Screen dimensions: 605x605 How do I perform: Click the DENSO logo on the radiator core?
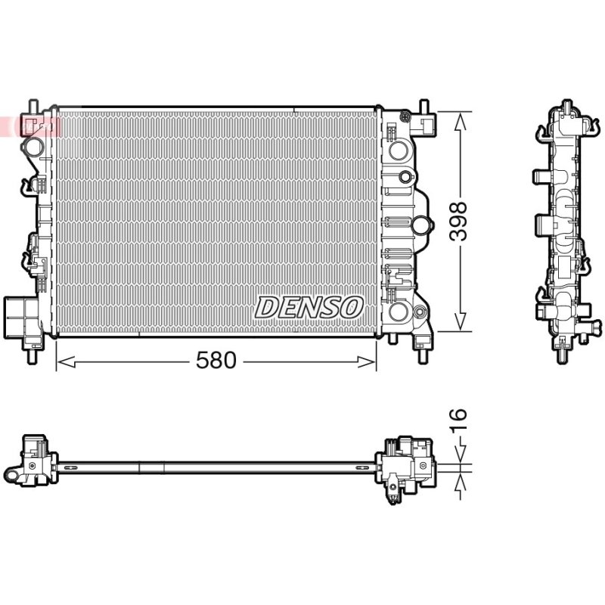pos(309,308)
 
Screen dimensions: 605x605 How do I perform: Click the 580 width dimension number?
pos(216,361)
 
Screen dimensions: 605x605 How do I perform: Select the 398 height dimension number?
pos(459,221)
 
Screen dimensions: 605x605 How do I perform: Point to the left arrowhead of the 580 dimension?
pos(66,362)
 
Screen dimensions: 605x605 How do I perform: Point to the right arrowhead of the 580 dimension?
pos(367,362)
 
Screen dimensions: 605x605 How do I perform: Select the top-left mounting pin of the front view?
pos(33,106)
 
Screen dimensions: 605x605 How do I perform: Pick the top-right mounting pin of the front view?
pos(424,106)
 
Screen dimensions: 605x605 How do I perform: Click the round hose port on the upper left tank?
pos(33,146)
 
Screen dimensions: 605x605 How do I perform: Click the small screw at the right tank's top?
pos(405,116)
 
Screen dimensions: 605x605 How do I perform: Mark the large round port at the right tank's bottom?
pos(398,312)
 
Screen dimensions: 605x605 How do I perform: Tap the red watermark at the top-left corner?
pos(31,126)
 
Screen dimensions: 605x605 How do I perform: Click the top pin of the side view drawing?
pos(566,105)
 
